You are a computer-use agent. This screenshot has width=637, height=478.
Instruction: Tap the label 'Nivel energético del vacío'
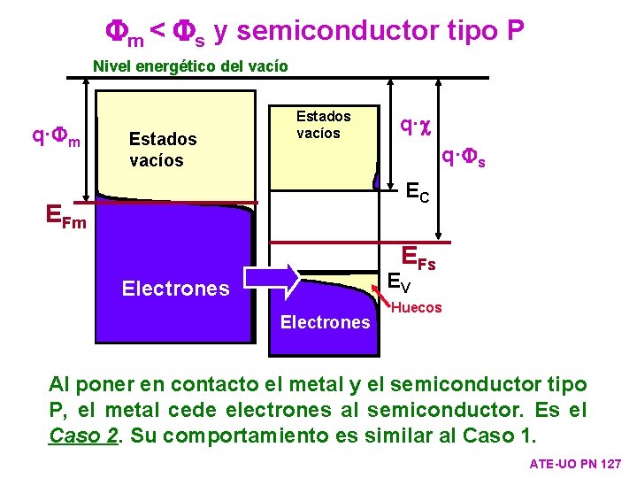coord(190,66)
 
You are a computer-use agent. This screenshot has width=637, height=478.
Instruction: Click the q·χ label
coord(413,126)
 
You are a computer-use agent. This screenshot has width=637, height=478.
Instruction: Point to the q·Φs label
coord(470,158)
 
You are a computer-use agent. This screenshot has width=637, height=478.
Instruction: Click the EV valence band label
coord(400,282)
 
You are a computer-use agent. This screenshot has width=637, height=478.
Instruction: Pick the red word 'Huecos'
coord(416,307)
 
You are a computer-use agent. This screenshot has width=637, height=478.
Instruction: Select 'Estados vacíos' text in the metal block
coord(162,150)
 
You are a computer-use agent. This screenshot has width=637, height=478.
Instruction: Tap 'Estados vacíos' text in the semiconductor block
coord(323,124)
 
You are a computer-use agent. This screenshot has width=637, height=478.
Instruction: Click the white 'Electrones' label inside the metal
coord(175,288)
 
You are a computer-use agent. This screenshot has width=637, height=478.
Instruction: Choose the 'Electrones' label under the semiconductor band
coord(325,322)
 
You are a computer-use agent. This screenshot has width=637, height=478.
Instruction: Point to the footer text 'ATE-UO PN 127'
coord(574,464)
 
